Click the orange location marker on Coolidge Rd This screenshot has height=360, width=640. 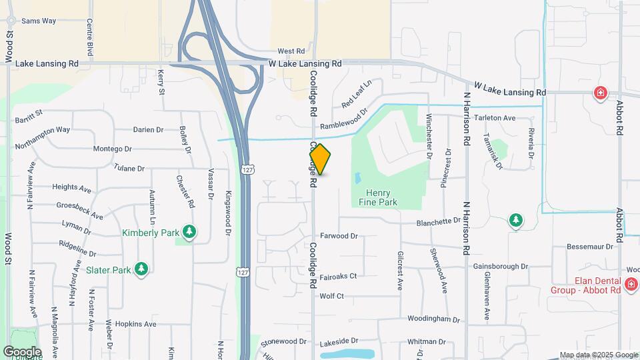pyautogui.click(x=320, y=159)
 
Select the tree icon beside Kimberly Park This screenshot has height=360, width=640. pyautogui.click(x=190, y=231)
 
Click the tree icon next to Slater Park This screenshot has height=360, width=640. pyautogui.click(x=141, y=269)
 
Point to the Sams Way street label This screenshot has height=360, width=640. pyautogui.click(x=39, y=21)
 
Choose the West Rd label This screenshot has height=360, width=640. pyautogui.click(x=291, y=51)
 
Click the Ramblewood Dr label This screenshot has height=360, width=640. pyautogui.click(x=343, y=122)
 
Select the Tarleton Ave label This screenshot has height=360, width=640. pyautogui.click(x=495, y=118)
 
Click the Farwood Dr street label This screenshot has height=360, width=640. pyautogui.click(x=339, y=236)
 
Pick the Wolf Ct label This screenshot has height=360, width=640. pyautogui.click(x=331, y=296)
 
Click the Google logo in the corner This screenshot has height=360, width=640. pyautogui.click(x=21, y=351)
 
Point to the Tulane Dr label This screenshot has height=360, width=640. pyautogui.click(x=129, y=169)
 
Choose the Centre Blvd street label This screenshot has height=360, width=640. pyautogui.click(x=89, y=37)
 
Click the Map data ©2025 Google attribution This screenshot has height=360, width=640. pyautogui.click(x=599, y=355)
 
